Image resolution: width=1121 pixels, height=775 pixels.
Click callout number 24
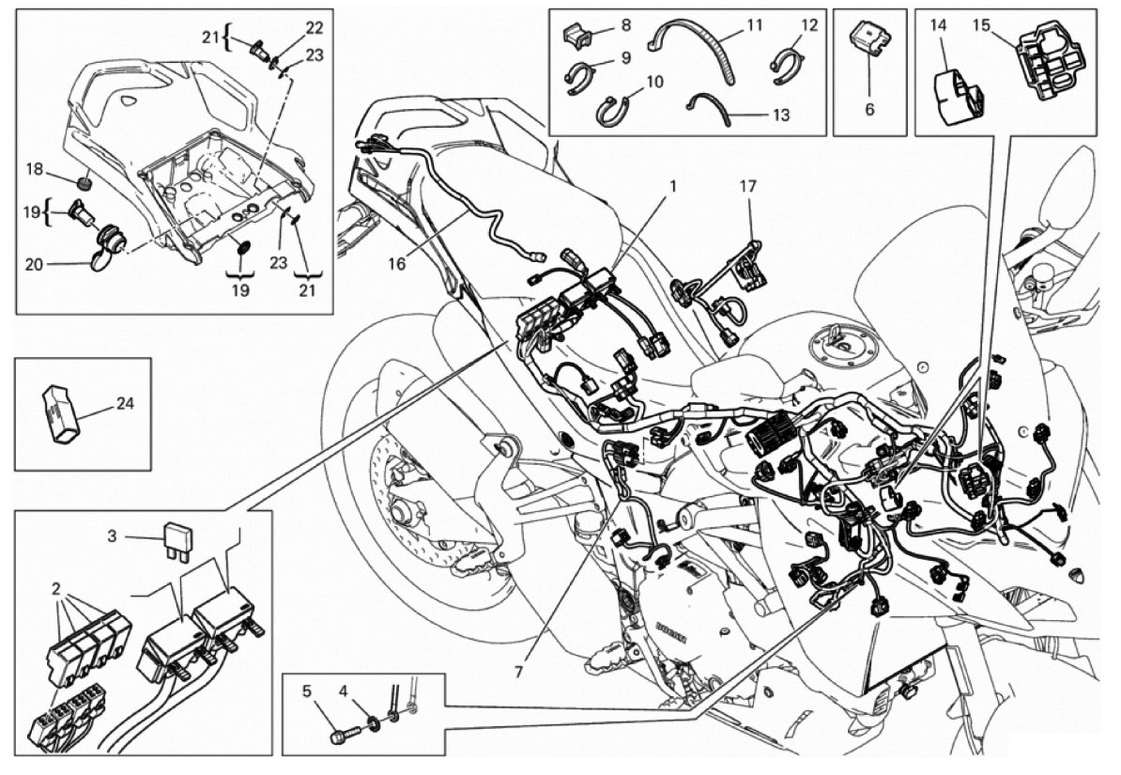125,405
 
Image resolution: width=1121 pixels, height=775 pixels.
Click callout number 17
747,187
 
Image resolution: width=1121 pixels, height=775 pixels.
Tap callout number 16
398,264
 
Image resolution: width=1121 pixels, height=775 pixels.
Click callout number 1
672,187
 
